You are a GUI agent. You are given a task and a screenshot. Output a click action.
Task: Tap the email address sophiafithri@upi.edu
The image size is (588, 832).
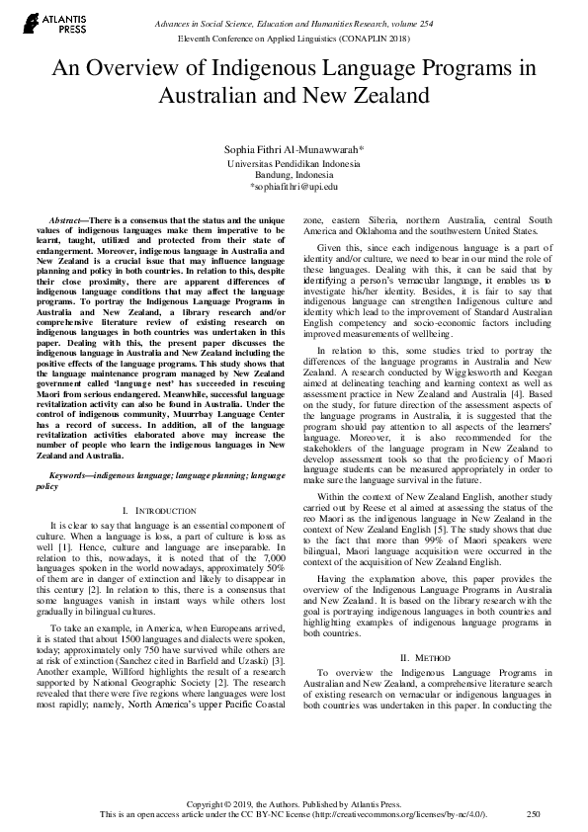(294, 186)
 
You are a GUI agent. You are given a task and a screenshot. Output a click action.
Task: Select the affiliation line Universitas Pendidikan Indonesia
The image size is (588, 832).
(294, 162)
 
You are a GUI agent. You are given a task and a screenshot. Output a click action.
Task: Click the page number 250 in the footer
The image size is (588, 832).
(534, 814)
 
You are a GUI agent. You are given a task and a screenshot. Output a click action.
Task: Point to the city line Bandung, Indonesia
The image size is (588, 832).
(294, 174)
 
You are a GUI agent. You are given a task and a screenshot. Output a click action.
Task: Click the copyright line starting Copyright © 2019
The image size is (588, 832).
(294, 803)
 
